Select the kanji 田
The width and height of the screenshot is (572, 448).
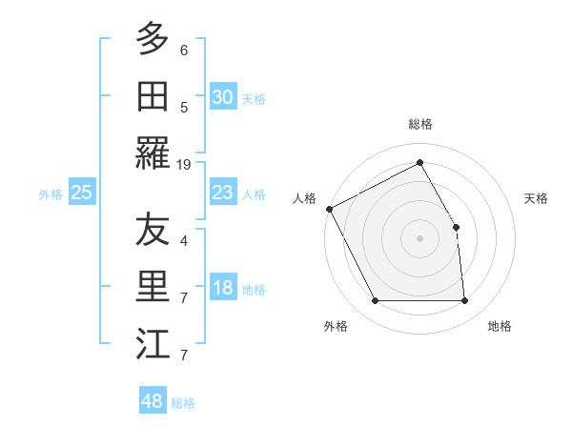tap(153, 95)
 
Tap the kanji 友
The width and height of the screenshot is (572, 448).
tap(153, 230)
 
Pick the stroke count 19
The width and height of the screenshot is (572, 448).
tap(184, 164)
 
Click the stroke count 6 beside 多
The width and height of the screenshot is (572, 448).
tap(184, 50)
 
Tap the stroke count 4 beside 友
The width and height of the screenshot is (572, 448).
tap(184, 240)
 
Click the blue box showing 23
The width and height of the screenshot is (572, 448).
tap(222, 193)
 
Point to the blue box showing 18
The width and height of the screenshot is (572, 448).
tap(222, 289)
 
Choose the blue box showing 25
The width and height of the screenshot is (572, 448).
tap(81, 193)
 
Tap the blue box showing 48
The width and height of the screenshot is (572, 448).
tap(153, 401)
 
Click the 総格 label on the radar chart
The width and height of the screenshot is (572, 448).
tap(419, 124)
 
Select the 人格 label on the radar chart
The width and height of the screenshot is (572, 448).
tap(305, 198)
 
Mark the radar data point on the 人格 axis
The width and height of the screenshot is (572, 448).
tap(329, 209)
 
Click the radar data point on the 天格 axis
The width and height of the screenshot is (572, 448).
tap(456, 227)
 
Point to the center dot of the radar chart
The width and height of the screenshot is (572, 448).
tap(419, 238)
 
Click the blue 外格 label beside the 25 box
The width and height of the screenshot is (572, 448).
tap(51, 193)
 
